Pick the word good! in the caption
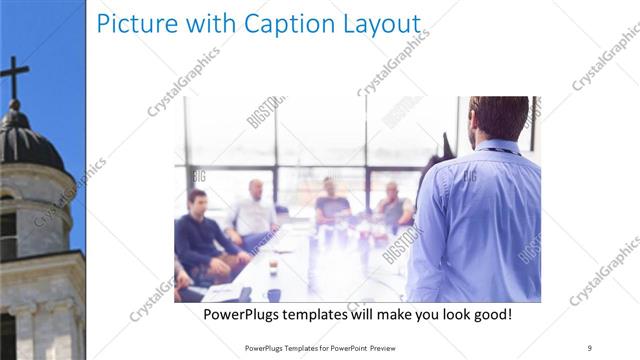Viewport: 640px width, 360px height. [x=489, y=315]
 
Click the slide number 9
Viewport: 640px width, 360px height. [x=590, y=346]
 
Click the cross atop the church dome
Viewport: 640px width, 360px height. [x=13, y=76]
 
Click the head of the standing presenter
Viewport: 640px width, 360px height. [x=497, y=118]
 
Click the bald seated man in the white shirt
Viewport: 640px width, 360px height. [x=254, y=212]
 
